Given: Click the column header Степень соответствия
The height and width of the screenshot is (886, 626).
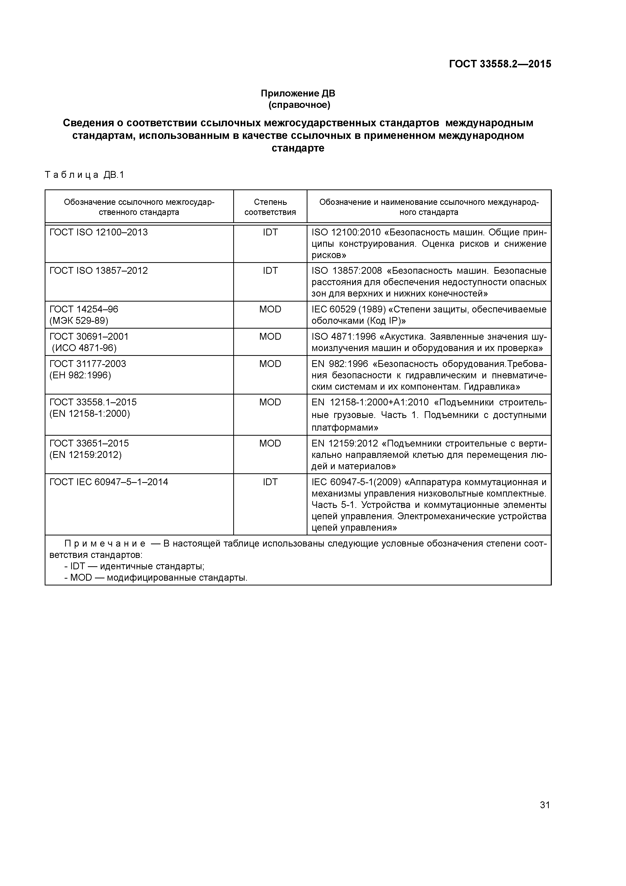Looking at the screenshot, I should click(270, 207).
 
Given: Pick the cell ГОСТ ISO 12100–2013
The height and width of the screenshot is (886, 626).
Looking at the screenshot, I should click(98, 232).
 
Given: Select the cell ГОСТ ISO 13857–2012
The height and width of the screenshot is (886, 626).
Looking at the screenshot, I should click(98, 270).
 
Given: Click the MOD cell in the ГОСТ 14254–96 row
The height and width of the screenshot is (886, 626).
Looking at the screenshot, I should click(270, 309).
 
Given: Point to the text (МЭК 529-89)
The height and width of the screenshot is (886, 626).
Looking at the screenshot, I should click(79, 321).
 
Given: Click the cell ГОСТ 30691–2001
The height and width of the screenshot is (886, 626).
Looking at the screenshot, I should click(89, 336).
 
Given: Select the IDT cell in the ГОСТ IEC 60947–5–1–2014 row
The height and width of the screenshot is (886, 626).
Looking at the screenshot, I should click(270, 482).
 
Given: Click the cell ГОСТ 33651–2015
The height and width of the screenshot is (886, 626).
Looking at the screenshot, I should click(89, 444).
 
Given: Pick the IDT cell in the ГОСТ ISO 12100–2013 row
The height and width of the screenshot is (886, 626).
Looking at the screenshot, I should click(270, 232).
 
